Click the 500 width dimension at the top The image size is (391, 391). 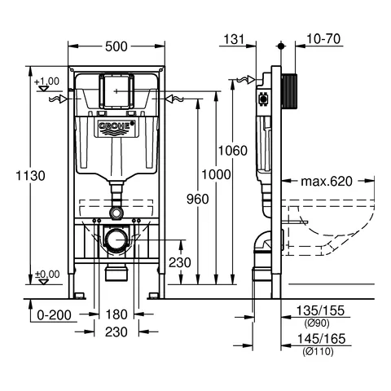pos(116,46)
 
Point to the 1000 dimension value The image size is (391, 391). pos(216,174)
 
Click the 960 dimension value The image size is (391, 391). pos(197,198)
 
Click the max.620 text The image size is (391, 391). pos(326,181)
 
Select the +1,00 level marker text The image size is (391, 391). pos(47,81)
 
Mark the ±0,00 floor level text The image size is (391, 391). pos(47,274)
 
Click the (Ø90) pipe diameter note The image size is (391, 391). pos(314,323)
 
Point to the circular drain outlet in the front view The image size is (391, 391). pos(116,239)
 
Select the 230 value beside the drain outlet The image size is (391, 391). pos(180,262)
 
